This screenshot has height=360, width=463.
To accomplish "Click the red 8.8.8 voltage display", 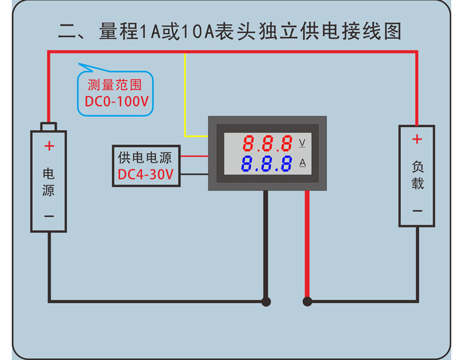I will click(267, 143).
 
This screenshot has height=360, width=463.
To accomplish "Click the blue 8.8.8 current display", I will click(267, 163).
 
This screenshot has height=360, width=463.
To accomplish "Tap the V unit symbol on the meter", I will click(302, 142).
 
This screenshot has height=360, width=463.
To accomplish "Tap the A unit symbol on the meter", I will click(302, 162).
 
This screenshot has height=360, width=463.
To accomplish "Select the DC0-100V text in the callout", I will click(117, 101).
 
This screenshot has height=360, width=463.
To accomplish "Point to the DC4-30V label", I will click(145, 175).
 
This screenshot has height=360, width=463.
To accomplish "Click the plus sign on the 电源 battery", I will click(49, 146).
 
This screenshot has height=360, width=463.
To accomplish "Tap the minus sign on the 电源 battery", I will click(49, 216).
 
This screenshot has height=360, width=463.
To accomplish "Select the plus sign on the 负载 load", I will click(417, 139).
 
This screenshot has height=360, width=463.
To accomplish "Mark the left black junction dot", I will click(266, 301).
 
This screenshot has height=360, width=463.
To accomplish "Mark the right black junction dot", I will click(307, 301).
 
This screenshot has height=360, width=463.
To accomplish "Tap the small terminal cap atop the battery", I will click(49, 127).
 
